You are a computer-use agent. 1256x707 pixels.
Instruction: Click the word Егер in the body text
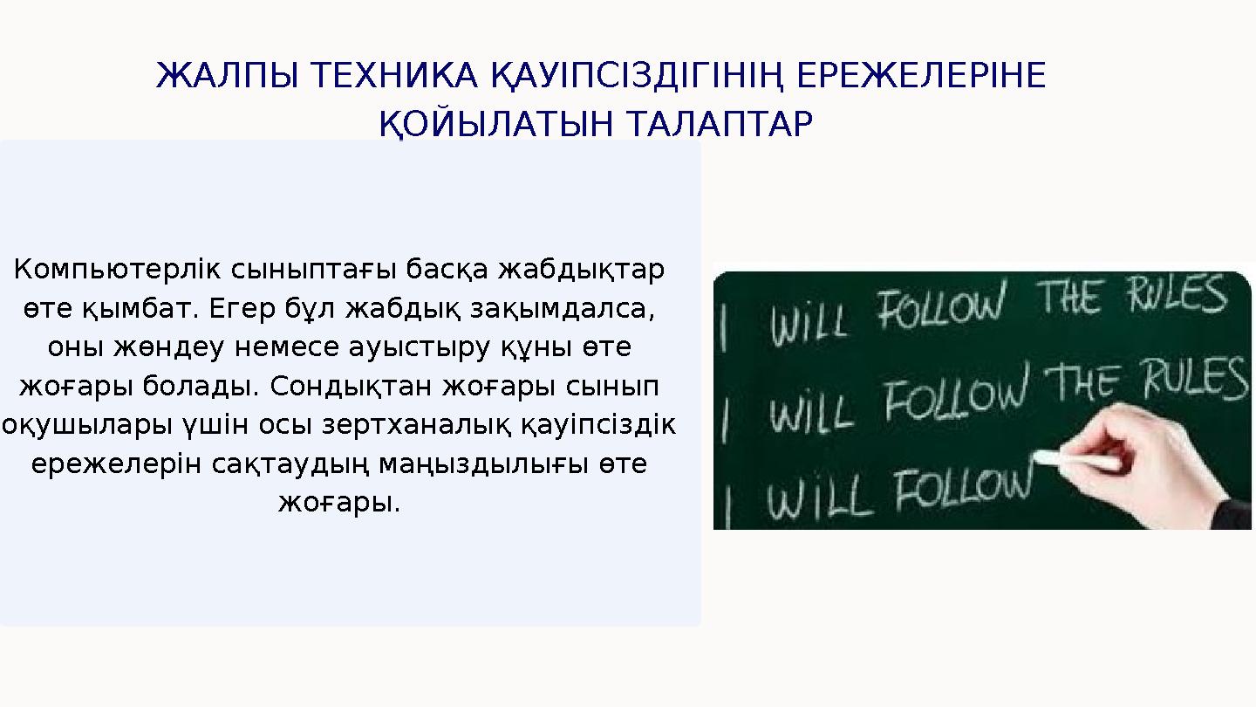pyautogui.click(x=248, y=309)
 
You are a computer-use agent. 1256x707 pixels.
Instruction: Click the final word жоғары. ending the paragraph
pyautogui.click(x=339, y=503)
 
